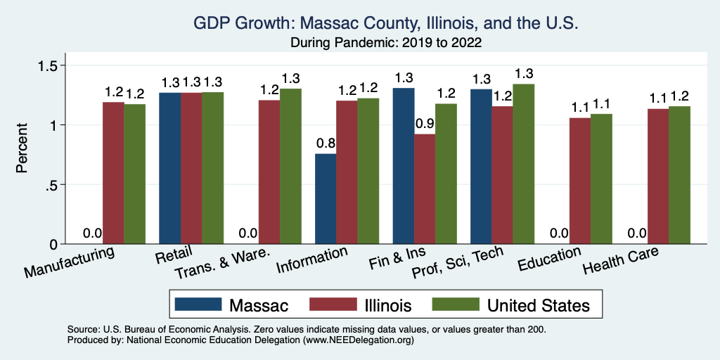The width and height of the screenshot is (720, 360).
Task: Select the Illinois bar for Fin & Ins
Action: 425,189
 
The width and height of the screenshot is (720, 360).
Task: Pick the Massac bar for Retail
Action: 170,168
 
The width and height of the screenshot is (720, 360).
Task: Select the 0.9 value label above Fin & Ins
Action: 425,123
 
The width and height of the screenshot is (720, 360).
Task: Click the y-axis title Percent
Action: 22,149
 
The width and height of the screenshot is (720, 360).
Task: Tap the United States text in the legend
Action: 539,304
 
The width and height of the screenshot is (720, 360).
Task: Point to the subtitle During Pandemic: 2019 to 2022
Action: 386,42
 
